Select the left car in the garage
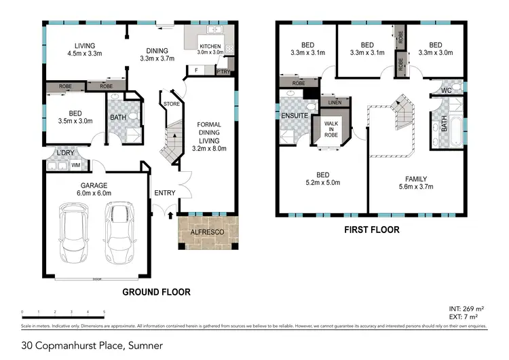pyautogui.click(x=73, y=234)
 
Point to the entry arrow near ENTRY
pyautogui.click(x=169, y=215)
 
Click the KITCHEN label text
pyautogui.click(x=210, y=45)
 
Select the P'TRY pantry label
pyautogui.click(x=223, y=71)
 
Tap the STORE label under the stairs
pyautogui.click(x=171, y=104)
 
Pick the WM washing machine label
pyautogui.click(x=76, y=164)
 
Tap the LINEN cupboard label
pyautogui.click(x=334, y=103)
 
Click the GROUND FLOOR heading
pyautogui.click(x=156, y=292)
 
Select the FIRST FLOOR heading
pyautogui.click(x=371, y=230)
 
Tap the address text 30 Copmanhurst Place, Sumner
pyautogui.click(x=92, y=346)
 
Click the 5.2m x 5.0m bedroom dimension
pyautogui.click(x=322, y=183)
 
